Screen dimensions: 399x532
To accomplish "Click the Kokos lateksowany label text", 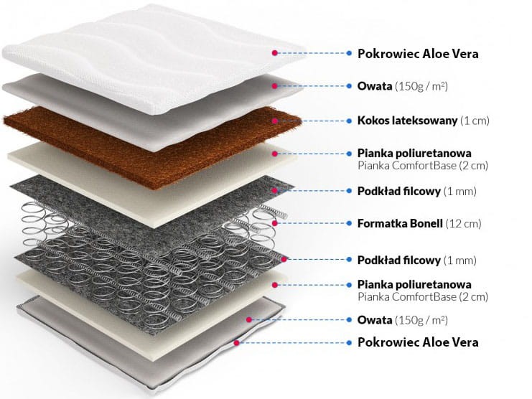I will [x=407, y=120].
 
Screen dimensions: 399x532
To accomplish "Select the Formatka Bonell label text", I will [x=400, y=223].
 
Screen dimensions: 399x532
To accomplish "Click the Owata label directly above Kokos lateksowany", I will [x=375, y=86].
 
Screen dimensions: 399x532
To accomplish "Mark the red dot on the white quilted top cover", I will [x=274, y=53].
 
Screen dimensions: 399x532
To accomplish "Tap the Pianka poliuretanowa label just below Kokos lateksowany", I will [x=414, y=154].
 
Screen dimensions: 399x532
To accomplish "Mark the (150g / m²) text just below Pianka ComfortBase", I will [x=421, y=319].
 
